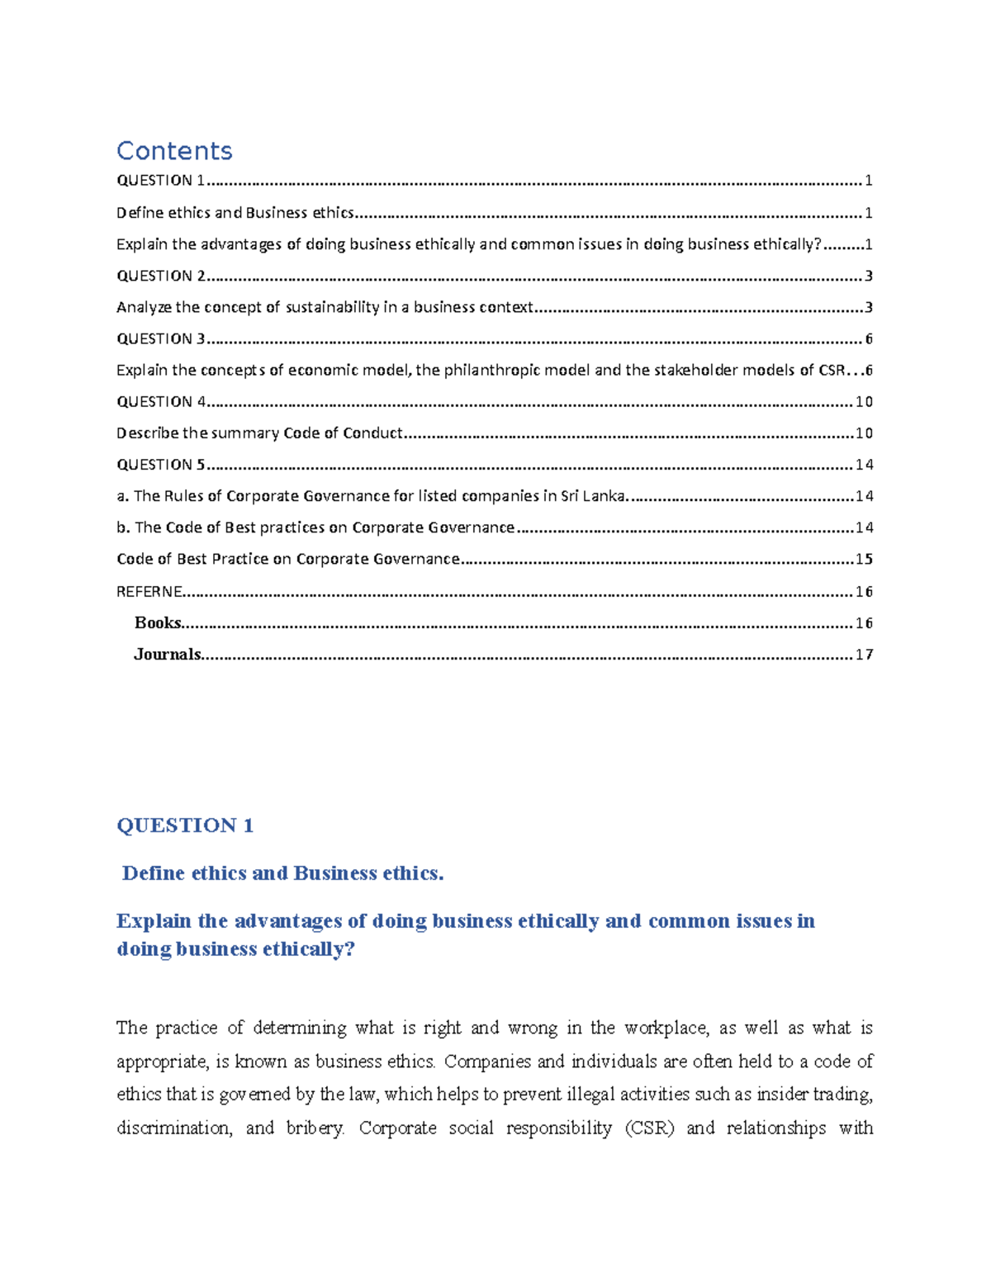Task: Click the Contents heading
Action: [174, 151]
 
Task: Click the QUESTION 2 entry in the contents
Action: [161, 276]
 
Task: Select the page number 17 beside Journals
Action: [864, 655]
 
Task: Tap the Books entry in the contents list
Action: [158, 623]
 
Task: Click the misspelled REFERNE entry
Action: [149, 592]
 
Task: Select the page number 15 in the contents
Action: [864, 560]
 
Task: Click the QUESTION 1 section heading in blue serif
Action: [185, 825]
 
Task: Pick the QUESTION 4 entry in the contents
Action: [161, 402]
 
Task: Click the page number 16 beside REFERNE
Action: [864, 592]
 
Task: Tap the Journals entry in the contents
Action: [168, 655]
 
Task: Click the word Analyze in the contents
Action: [145, 307]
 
